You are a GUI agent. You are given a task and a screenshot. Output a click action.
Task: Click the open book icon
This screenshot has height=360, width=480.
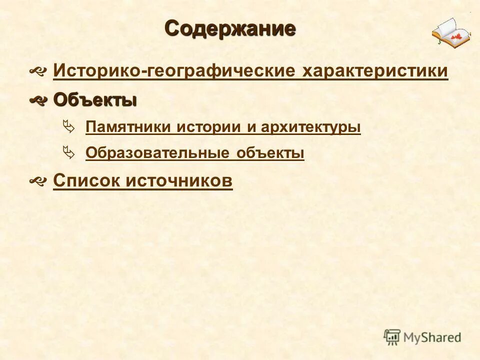tap(451, 32)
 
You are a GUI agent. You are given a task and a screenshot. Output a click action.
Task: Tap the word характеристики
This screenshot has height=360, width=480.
tap(375, 71)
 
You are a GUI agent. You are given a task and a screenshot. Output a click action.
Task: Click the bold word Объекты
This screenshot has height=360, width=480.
tap(94, 100)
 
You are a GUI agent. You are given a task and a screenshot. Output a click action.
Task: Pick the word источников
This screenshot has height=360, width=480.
tap(179, 180)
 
